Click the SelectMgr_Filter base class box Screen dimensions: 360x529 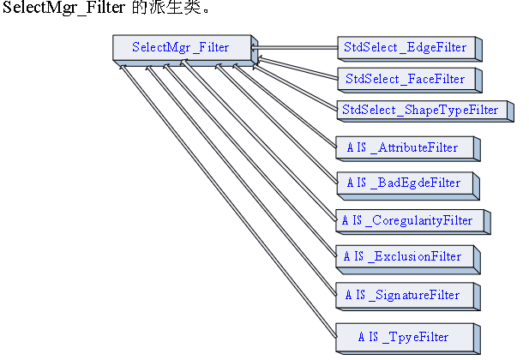(x=181, y=47)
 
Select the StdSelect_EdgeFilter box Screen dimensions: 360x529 (x=405, y=47)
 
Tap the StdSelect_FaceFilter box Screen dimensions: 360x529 (x=405, y=79)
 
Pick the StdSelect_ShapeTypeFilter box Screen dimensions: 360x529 (x=420, y=110)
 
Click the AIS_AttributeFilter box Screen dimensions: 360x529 (x=403, y=147)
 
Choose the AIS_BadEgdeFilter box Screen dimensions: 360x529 (x=403, y=183)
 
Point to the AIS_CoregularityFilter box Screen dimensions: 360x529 (x=407, y=220)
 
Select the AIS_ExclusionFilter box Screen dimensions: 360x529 (x=403, y=256)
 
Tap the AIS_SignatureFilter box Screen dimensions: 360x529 (x=403, y=295)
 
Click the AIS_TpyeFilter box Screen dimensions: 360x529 (x=403, y=336)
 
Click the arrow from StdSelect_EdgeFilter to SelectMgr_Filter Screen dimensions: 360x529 (x=296, y=47)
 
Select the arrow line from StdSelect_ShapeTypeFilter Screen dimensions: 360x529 (x=296, y=84)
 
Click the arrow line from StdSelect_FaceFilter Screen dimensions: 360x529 (x=296, y=65)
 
